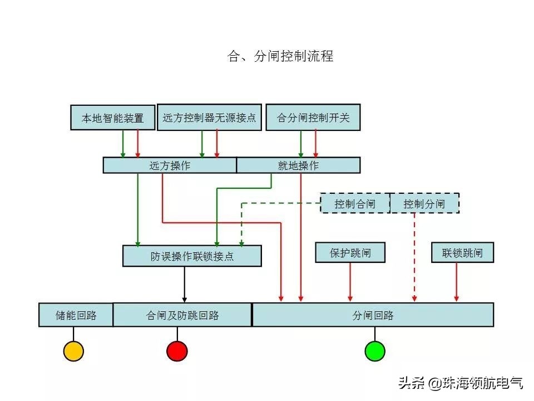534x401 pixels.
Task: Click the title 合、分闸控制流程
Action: [281, 56]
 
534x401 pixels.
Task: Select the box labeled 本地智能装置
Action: [112, 118]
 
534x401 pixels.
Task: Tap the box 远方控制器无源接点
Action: [209, 118]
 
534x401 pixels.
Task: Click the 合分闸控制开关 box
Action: [313, 118]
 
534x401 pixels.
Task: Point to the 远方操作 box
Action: [170, 165]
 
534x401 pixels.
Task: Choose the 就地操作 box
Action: [298, 165]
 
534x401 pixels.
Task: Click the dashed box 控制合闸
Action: [355, 204]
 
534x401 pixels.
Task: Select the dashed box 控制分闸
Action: [424, 204]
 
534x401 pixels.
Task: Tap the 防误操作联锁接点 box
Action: [192, 256]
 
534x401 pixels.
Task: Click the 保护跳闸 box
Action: [350, 253]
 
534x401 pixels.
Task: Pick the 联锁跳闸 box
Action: [463, 253]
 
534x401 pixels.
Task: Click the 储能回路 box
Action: [76, 315]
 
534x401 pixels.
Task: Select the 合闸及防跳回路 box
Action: [182, 315]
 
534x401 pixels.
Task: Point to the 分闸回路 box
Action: [373, 315]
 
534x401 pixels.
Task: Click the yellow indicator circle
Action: [73, 351]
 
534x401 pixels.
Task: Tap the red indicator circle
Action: [177, 351]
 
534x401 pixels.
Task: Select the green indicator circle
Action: [375, 351]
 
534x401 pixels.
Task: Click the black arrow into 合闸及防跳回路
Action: [184, 285]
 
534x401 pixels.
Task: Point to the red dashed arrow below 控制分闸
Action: [414, 256]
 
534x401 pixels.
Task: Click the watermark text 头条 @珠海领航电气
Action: [461, 383]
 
